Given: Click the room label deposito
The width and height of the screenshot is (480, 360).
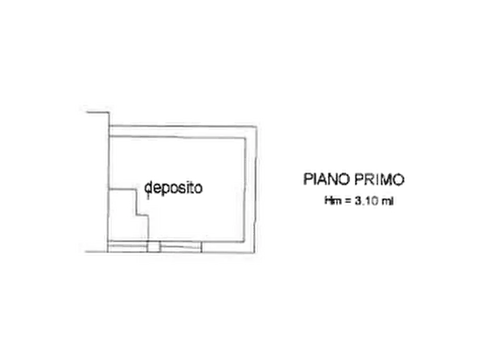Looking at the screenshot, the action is [174, 188].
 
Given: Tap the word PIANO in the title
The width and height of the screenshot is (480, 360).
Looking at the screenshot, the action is [326, 179].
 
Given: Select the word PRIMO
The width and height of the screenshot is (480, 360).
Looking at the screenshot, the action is [379, 179].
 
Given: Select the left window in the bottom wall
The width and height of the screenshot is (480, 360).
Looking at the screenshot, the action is [128, 247].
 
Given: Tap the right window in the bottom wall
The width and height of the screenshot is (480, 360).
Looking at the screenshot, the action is [181, 247].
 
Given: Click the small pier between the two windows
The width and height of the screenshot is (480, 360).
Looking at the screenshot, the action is [154, 247].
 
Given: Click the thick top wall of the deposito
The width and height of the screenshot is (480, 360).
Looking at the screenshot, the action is [182, 131].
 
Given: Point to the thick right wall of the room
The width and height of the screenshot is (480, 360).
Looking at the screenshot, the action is [250, 190].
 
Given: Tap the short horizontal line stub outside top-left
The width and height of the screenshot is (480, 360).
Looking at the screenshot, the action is [98, 113].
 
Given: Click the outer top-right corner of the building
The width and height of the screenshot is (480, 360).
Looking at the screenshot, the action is [256, 126].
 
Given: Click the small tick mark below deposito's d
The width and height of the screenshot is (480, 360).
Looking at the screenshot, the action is [148, 196].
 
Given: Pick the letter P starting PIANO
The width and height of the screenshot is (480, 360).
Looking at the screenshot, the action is [307, 179].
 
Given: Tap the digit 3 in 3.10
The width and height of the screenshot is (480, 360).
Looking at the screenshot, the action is [358, 201].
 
